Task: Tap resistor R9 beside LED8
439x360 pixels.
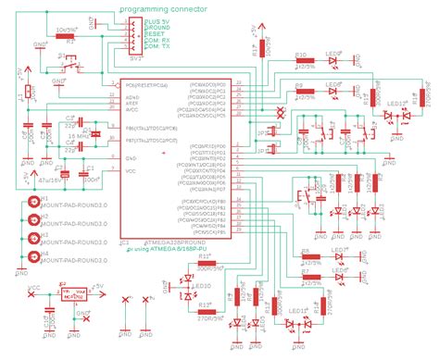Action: pyautogui.click(x=303, y=92)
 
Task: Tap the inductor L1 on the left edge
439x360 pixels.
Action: pyautogui.click(x=22, y=93)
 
